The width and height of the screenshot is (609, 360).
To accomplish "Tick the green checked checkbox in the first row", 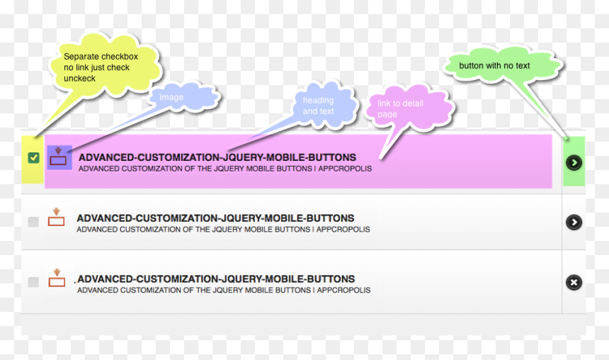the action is pos(34,158).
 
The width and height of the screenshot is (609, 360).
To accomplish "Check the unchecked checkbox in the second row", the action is pos(33,222).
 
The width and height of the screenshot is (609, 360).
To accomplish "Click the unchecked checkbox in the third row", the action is pos(33,282).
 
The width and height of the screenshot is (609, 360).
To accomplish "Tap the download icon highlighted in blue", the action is pos(58,157).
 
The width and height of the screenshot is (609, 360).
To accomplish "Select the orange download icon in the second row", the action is pos(57,217).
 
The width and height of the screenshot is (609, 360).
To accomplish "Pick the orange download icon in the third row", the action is pos(57,278).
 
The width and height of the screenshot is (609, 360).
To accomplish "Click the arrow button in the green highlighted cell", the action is pos(574,162).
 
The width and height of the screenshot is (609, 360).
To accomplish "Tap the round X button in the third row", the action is pos(574,282).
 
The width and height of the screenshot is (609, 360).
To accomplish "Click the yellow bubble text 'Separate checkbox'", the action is pos(101,57).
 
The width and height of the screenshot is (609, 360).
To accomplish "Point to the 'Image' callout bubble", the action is pos(183,97).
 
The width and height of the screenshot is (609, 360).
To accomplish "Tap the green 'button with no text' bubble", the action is pos(503,65).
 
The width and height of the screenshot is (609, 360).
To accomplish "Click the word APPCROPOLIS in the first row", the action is pos(345,169).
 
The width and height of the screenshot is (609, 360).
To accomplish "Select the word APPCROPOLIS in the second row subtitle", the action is pos(343,230).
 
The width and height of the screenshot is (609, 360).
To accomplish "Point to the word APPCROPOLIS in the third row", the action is pos(343,290).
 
